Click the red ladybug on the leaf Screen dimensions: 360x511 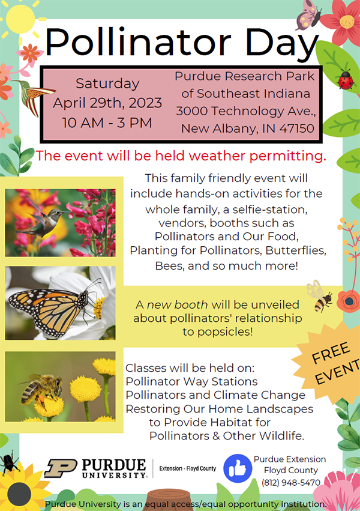[x=346, y=80]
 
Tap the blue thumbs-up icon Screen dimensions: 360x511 [x=238, y=468]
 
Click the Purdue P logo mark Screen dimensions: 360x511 [x=61, y=468]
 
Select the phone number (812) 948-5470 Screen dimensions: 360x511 [x=291, y=482]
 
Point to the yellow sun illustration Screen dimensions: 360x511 [x=20, y=19]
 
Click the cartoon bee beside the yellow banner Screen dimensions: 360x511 [x=320, y=297]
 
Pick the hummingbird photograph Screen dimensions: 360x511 [x=60, y=223]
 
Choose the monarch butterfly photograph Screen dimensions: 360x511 [x=60, y=303]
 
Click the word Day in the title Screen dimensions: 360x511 [x=282, y=43]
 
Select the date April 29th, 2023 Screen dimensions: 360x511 [x=107, y=103]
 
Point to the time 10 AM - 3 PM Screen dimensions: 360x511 [x=107, y=123]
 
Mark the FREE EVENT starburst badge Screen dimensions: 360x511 [x=329, y=363]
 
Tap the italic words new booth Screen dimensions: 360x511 [x=177, y=304]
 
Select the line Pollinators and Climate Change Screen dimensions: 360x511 [x=215, y=395]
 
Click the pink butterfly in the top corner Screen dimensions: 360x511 [x=308, y=15]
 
